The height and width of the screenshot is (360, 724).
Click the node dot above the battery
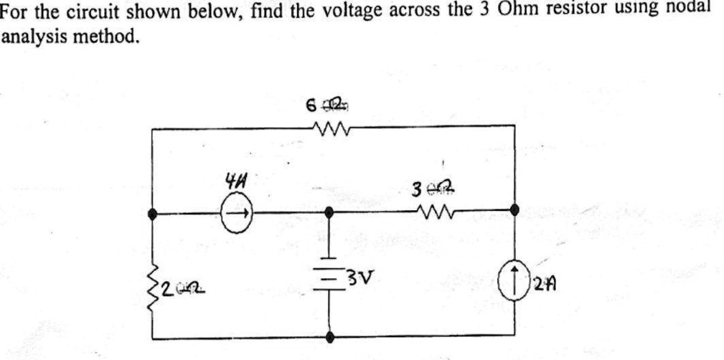tap(329, 212)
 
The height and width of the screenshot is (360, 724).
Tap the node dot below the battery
tap(330, 336)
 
